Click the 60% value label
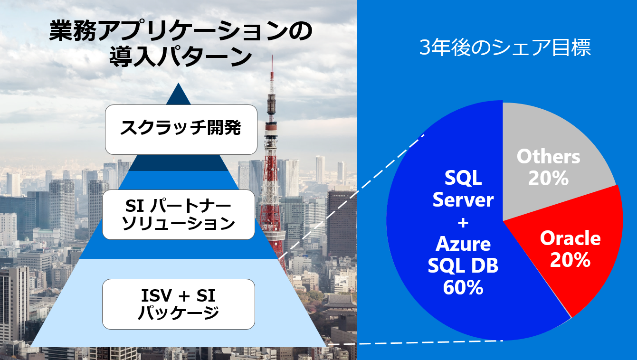tap(463, 287)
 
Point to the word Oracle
tap(570, 238)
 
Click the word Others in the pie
tap(549, 156)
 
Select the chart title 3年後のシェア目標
tap(505, 48)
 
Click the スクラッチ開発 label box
tap(181, 129)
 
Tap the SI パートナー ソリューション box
tap(179, 215)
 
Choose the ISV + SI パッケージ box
tap(179, 304)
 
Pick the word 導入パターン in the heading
tap(181, 58)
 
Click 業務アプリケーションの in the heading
tap(181, 32)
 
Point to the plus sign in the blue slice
tap(463, 222)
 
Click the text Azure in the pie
tap(463, 244)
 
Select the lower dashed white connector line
tap(413, 342)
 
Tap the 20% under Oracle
tap(570, 260)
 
